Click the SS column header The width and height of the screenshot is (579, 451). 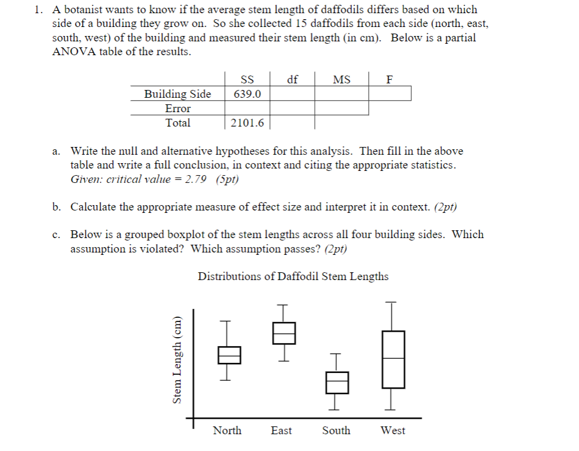(247, 79)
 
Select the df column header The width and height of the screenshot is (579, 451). (292, 79)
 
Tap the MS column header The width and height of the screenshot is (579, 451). (342, 79)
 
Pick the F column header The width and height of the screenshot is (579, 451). (390, 79)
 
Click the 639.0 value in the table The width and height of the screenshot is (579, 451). (247, 94)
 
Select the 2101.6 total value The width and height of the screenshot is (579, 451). (247, 123)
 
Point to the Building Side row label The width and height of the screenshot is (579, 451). (177, 94)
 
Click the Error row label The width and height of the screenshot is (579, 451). (177, 109)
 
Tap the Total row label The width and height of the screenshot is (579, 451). (177, 123)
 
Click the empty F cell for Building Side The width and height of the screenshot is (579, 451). (390, 94)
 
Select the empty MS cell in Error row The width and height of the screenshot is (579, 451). (342, 108)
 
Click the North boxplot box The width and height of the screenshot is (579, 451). (229, 355)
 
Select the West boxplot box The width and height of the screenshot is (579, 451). (393, 359)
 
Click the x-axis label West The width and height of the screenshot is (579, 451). (393, 431)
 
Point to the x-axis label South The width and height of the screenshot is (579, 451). (336, 431)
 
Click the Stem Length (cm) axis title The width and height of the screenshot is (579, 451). (177, 360)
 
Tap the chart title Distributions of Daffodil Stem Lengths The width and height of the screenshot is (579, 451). (293, 276)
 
